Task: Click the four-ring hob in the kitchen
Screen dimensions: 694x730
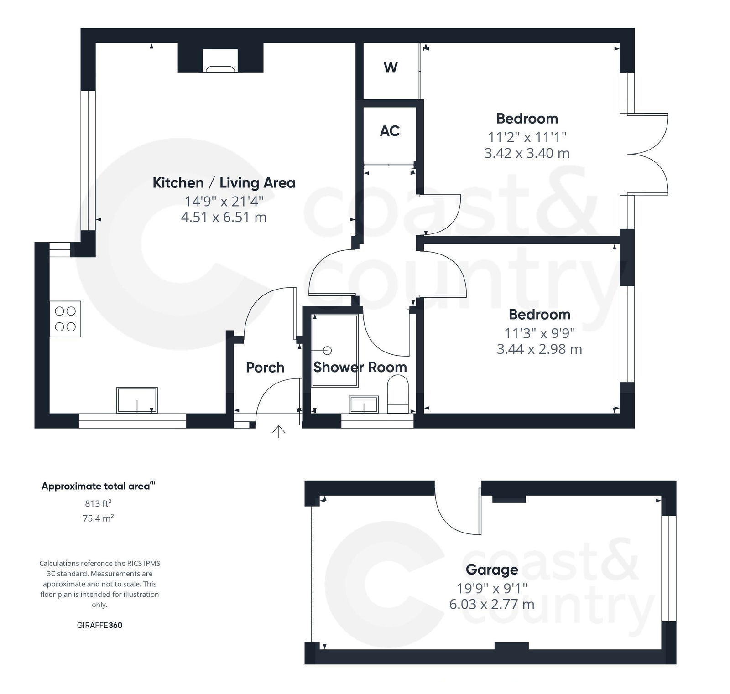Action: [65, 319]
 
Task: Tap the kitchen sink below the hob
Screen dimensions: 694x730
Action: [137, 400]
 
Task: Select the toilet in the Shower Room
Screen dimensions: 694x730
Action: [397, 394]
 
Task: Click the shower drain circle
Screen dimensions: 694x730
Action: [327, 350]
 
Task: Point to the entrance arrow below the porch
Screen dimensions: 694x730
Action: [278, 431]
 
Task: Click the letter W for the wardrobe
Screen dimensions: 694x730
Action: [391, 67]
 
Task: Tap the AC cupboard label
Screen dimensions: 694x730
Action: [390, 131]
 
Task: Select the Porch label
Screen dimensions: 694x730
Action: [265, 367]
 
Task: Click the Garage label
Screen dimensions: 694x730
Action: [491, 570]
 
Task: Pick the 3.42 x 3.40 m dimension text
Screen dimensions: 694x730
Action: [527, 153]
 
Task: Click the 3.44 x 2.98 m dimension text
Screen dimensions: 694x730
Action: [539, 349]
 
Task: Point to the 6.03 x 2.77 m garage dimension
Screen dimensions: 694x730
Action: [491, 604]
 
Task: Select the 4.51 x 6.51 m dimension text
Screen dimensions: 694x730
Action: [224, 217]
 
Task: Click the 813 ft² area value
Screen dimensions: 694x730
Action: [98, 503]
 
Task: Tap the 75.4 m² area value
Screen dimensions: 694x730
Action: [98, 518]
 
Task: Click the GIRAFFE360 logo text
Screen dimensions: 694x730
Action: [99, 625]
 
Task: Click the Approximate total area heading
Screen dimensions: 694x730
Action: [98, 486]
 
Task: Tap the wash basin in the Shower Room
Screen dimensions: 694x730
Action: [364, 404]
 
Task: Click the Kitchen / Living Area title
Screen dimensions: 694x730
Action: [224, 183]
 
